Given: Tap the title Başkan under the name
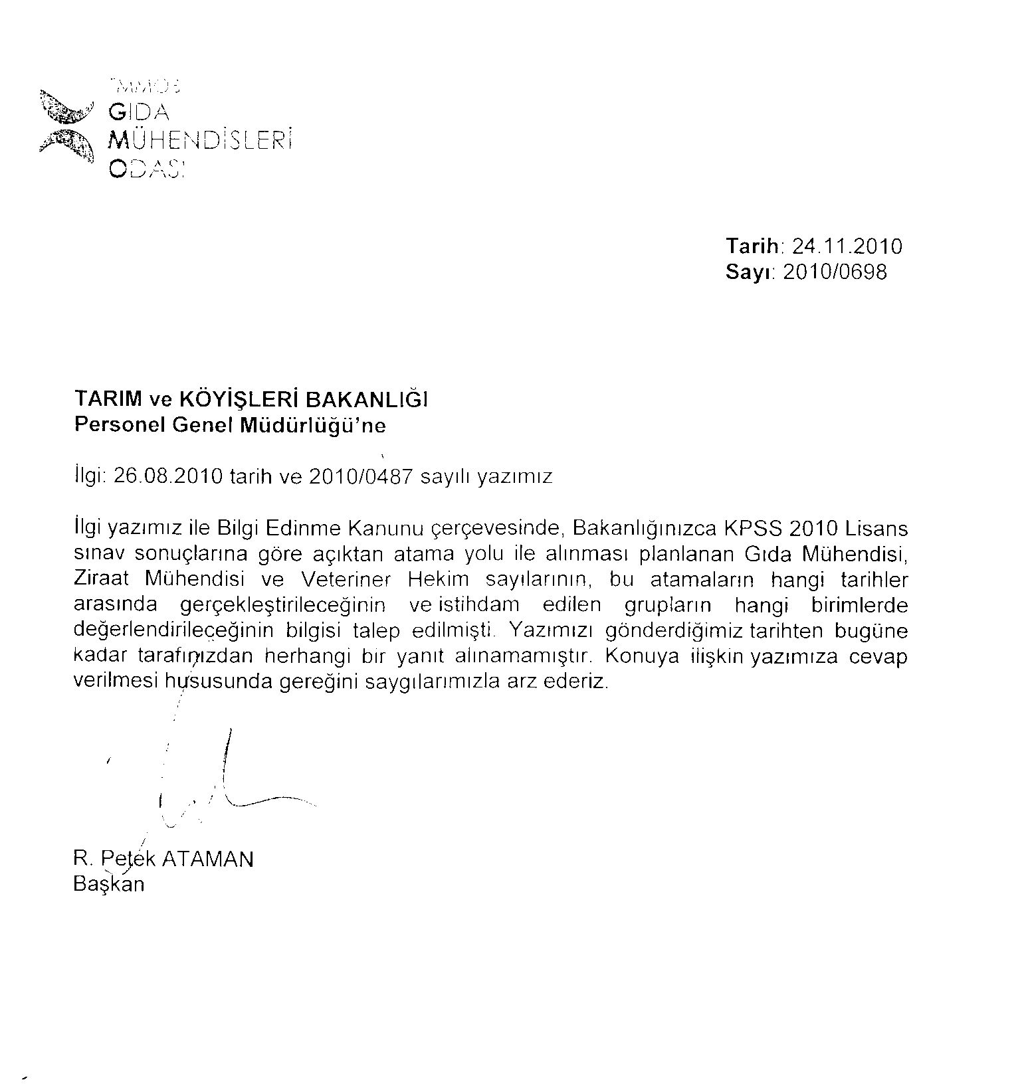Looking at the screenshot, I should pos(109,885).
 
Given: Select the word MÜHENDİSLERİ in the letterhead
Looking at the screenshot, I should pos(200,141).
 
